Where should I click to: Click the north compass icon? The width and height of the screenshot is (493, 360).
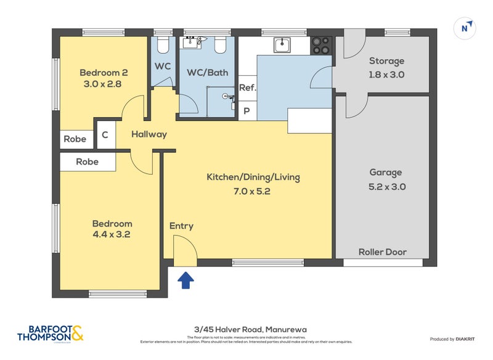466,28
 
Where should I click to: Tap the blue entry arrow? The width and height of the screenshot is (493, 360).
185,280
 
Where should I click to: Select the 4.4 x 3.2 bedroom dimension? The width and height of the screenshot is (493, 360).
112,234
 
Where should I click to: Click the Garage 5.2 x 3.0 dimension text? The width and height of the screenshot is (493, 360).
386,187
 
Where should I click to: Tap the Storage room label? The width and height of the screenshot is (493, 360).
386,61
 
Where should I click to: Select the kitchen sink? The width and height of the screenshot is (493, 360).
282,44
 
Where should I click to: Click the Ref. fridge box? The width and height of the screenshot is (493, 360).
247,88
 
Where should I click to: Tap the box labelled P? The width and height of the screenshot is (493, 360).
247,112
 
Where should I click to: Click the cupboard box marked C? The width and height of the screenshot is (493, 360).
105,135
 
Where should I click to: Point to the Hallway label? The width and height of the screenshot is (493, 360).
149,134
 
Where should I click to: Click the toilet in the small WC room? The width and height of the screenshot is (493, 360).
163,45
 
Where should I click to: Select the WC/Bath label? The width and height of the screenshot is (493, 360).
207,72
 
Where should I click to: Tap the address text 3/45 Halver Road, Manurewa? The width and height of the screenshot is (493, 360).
246,330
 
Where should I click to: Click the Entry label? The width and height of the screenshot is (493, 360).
181,226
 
